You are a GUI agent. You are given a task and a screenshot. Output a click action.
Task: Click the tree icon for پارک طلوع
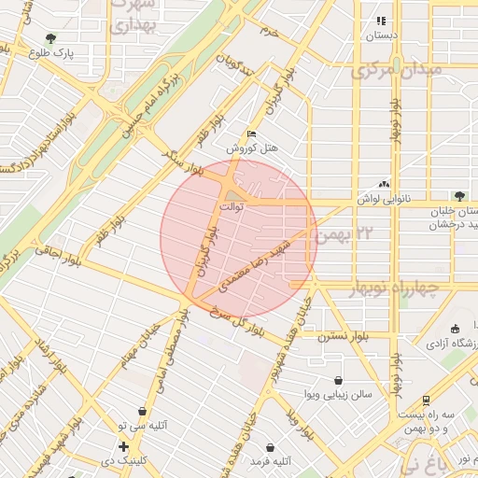coord(50,38)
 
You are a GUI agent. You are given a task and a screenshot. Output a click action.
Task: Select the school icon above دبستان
coord(380,21)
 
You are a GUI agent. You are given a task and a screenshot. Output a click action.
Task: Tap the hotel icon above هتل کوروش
coord(250,134)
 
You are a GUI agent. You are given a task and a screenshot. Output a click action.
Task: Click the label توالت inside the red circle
coord(231,205)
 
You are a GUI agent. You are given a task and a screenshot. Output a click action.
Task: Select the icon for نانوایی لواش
coord(385,185)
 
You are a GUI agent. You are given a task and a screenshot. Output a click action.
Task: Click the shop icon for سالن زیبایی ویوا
coord(337,380)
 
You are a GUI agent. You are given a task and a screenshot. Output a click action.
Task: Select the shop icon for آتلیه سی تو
coord(142,411)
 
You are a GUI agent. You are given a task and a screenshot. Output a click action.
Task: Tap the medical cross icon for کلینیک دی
coord(123,446)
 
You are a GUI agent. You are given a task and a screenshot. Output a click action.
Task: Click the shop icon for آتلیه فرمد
coord(271,447)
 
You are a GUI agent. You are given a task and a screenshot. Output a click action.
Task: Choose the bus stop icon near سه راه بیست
coord(427,399)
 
